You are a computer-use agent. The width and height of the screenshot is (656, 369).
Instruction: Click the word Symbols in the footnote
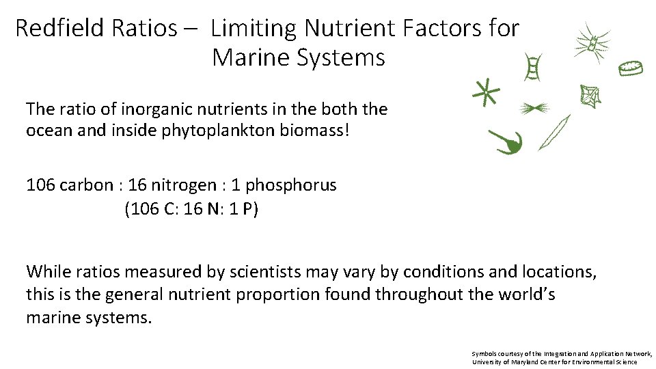(484, 353)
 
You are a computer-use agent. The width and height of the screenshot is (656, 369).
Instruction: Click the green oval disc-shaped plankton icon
(631, 68)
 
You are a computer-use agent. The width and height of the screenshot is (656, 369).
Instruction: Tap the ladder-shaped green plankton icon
(532, 68)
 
